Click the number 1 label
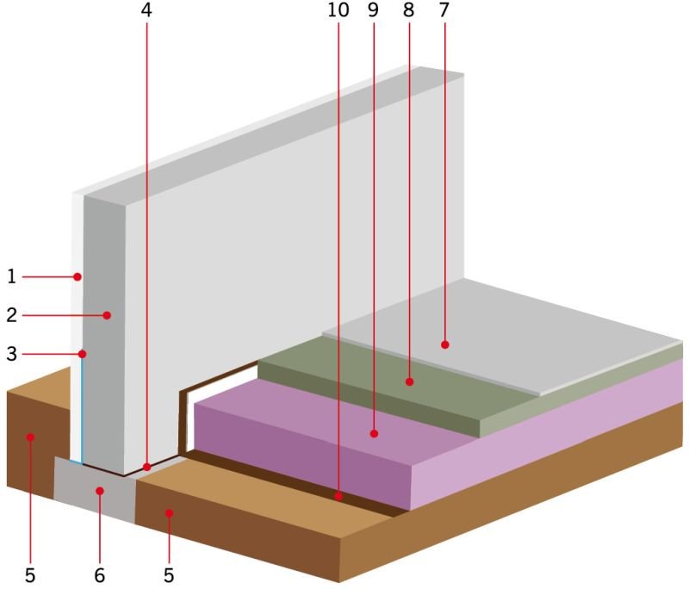coord(12,276)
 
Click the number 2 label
coord(12,315)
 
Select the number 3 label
coord(12,354)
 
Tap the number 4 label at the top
coord(146,10)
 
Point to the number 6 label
coord(100,575)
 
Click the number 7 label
coord(444,10)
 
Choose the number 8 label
coord(408,10)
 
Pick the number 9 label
coord(373,10)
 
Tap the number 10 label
coord(338,10)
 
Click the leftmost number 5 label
coord(30,575)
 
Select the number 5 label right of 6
coord(169,575)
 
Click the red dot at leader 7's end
coord(444,344)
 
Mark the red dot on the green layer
coord(410,381)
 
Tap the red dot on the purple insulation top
coord(374,434)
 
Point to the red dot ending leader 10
coord(338,497)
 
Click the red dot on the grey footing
coord(100,491)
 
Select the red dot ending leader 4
coord(146,468)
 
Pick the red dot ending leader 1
coord(78,276)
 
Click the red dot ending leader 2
coord(107,315)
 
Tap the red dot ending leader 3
coord(82,354)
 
